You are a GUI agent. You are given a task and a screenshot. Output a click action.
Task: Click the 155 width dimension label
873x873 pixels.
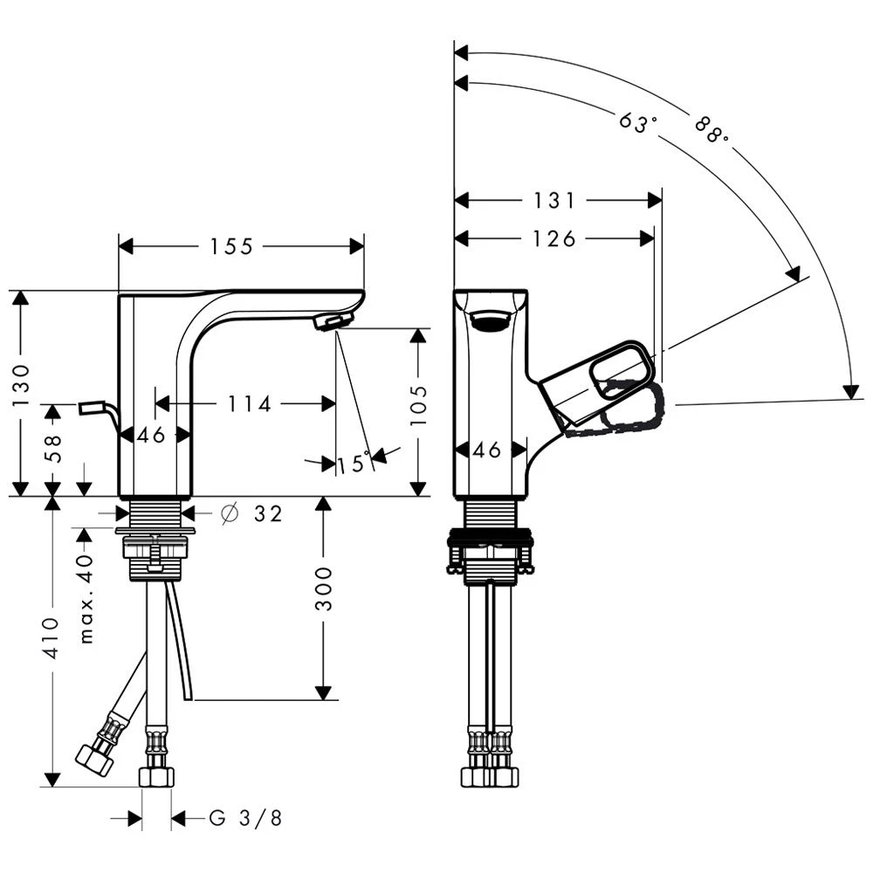231,247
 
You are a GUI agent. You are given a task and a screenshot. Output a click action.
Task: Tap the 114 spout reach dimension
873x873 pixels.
250,403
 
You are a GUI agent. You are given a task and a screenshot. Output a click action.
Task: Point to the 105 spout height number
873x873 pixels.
420,403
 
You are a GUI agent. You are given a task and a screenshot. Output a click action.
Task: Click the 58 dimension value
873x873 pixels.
52,449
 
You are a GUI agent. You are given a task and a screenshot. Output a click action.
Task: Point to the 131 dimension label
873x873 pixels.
555,201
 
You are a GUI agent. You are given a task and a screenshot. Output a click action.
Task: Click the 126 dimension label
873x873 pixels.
555,238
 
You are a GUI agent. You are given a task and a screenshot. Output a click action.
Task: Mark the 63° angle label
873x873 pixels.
637,122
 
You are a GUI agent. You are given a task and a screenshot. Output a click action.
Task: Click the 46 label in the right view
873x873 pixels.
487,450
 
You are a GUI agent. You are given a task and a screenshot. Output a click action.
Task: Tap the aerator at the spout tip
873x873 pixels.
333,322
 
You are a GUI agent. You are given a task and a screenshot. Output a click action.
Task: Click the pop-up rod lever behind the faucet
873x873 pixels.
93,408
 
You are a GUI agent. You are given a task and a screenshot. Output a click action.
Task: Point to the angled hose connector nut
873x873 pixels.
95,758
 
